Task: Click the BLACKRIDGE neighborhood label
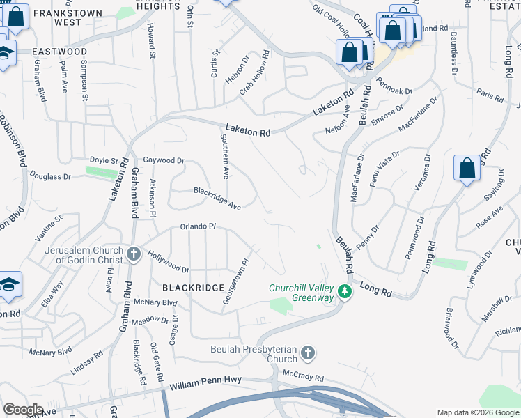(x=193, y=287)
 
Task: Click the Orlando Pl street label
(x=199, y=226)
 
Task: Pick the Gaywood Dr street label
(x=164, y=160)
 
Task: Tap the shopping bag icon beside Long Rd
(x=467, y=169)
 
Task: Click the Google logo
(x=23, y=410)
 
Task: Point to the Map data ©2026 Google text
(x=477, y=412)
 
